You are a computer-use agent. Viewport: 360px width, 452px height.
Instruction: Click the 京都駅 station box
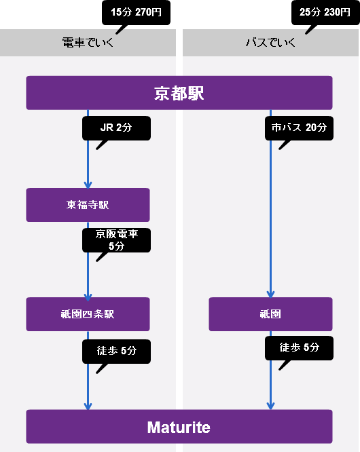pyautogui.click(x=179, y=93)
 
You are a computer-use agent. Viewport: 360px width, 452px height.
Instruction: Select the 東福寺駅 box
pyautogui.click(x=88, y=205)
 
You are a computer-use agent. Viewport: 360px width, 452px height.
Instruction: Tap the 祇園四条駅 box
pyautogui.click(x=88, y=314)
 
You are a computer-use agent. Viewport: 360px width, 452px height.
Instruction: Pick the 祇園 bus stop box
pyautogui.click(x=270, y=314)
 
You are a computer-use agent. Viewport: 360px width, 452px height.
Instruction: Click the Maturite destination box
pyautogui.click(x=179, y=427)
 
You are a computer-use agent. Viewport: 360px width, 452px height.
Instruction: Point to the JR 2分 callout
pyautogui.click(x=116, y=128)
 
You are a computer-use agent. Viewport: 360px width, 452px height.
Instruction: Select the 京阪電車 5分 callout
pyautogui.click(x=116, y=240)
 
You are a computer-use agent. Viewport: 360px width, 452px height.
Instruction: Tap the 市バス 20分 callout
pyautogui.click(x=299, y=128)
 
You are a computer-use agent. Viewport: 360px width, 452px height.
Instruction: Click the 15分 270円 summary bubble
pyautogui.click(x=136, y=13)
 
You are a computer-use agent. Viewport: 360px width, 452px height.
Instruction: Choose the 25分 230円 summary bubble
pyautogui.click(x=325, y=13)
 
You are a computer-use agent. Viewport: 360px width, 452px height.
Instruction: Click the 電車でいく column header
pyautogui.click(x=88, y=43)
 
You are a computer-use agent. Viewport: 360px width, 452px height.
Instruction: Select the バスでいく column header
pyautogui.click(x=270, y=43)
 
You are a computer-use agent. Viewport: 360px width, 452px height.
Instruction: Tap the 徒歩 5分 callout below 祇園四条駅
pyautogui.click(x=116, y=352)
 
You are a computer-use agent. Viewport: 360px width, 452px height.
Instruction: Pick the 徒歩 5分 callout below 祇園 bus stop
pyautogui.click(x=299, y=348)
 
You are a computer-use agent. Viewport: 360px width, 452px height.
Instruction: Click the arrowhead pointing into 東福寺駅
pyautogui.click(x=88, y=185)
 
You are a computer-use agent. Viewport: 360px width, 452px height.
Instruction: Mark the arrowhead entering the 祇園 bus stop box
pyautogui.click(x=270, y=294)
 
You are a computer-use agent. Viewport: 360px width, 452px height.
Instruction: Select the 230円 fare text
pyautogui.click(x=337, y=12)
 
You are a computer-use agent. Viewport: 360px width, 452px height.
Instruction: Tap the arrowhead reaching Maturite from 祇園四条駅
pyautogui.click(x=88, y=406)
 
